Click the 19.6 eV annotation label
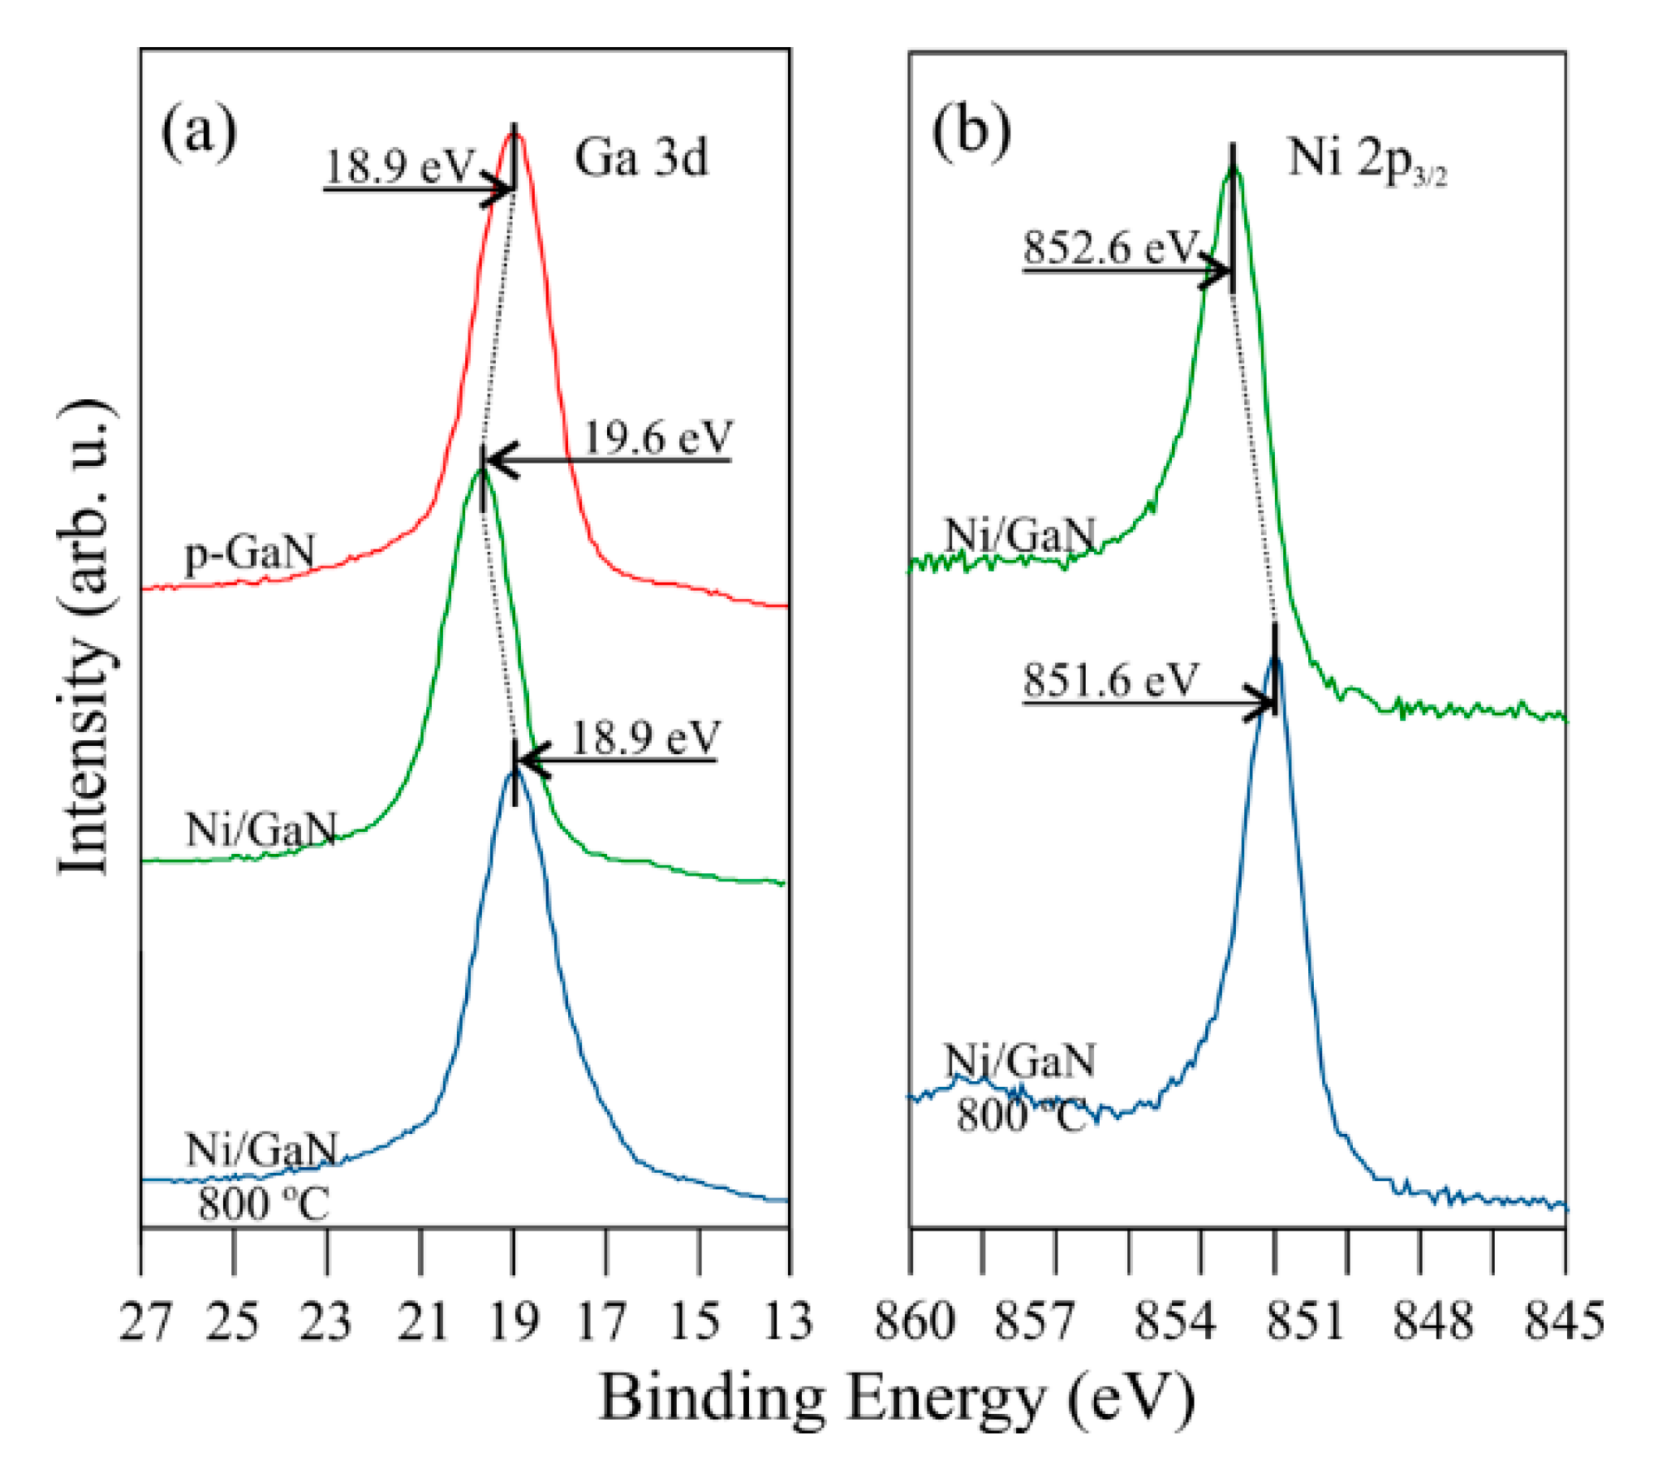coord(658,437)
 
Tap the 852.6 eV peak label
coord(1110,247)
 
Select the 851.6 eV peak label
coord(1110,679)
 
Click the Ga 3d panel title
coord(641,157)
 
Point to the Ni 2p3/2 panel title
coord(1367,159)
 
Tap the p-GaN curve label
coord(250,554)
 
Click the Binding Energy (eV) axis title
coord(897,1399)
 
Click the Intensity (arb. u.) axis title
coord(85,637)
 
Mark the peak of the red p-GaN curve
coord(515,135)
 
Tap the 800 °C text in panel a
coord(264,1205)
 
